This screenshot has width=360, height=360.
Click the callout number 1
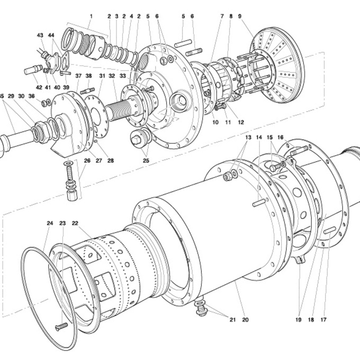(x=91, y=16)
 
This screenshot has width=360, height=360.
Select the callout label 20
(x=245, y=320)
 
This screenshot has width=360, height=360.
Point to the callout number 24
(x=50, y=223)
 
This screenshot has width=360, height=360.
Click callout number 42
(x=39, y=87)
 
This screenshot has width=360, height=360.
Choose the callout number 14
(x=259, y=138)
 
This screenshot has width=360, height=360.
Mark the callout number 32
(x=112, y=76)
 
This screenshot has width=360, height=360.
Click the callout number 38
(x=89, y=76)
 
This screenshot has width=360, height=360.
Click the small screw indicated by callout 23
(x=61, y=326)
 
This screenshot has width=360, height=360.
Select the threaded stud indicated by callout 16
(x=299, y=151)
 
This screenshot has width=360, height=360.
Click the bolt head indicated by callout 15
(x=274, y=168)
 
